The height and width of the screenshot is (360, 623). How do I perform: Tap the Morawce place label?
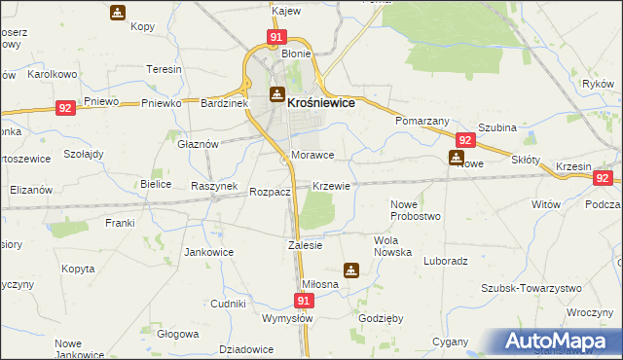tap(312, 156)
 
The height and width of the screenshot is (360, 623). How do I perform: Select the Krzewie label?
tap(331, 185)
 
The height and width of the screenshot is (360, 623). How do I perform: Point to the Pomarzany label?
tap(421, 121)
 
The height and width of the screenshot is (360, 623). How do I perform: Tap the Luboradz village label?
tap(447, 261)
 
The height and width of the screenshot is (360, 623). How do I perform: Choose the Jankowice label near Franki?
tap(205, 251)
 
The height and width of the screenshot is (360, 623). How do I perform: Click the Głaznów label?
tap(198, 142)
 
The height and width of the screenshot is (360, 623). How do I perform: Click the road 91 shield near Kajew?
tap(276, 38)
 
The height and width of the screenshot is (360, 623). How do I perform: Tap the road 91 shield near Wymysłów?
tap(304, 302)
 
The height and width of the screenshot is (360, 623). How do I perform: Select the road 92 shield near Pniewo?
tap(66, 109)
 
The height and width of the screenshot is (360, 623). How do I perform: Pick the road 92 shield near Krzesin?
tap(604, 178)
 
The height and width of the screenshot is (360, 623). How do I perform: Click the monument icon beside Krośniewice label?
tap(276, 95)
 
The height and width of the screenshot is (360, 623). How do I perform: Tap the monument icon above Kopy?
tap(117, 14)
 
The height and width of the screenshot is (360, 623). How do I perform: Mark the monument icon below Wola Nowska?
tap(351, 270)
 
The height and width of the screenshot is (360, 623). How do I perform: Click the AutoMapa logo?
tap(561, 341)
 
